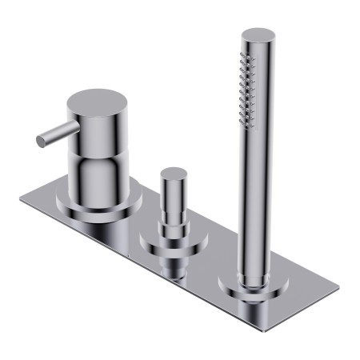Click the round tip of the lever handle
(41, 141)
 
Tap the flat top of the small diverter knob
(171, 173)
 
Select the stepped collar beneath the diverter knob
(171, 227)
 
